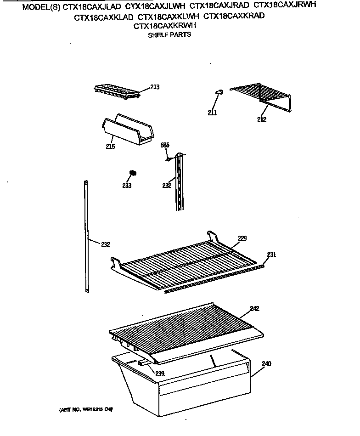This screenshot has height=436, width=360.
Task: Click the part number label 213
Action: point(155,87)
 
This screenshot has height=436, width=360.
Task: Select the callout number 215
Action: point(110,147)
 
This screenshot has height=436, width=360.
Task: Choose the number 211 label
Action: point(212,113)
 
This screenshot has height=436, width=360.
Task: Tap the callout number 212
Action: point(261,119)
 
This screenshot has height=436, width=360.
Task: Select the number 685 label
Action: point(165,145)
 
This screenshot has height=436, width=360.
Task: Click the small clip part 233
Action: point(133,173)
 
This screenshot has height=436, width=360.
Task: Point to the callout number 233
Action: point(127,186)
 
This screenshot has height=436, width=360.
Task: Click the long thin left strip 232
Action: point(86,234)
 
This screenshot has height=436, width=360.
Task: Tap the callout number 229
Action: point(242,238)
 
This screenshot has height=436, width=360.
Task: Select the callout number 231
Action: point(271,255)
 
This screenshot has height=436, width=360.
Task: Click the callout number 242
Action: point(254,309)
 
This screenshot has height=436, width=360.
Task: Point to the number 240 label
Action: point(266,364)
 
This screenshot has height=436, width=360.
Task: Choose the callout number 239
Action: point(159,374)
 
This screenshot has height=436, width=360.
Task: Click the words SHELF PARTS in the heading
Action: point(169,35)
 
